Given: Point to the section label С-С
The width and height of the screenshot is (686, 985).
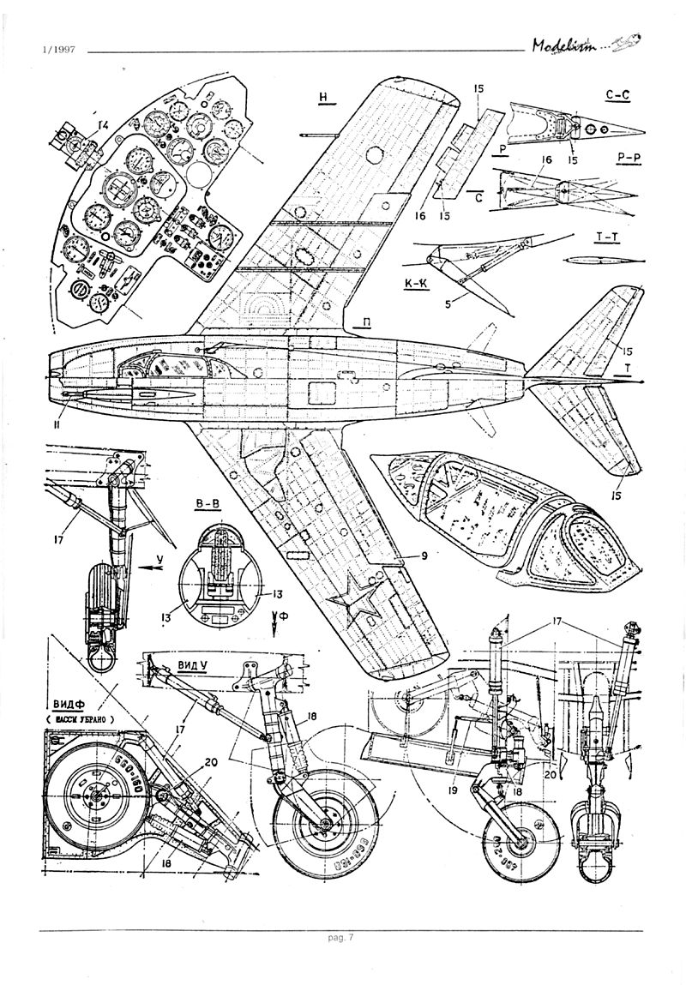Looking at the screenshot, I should point(617,97).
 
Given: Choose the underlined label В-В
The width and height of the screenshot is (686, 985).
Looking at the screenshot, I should point(208,505).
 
